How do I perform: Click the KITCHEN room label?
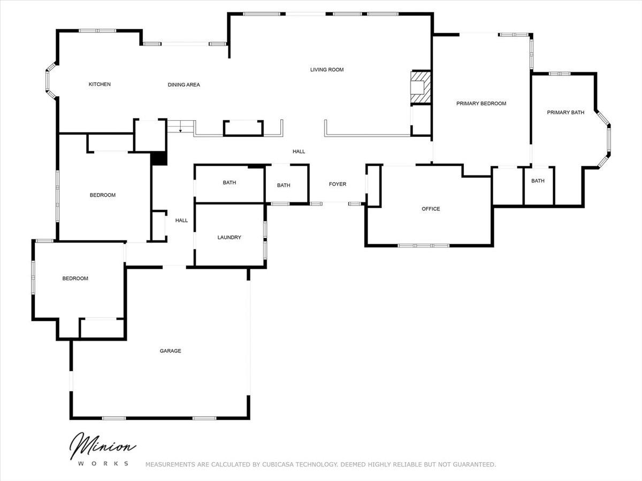point(100,84)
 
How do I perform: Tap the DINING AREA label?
point(184,84)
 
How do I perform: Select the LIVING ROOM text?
point(327,69)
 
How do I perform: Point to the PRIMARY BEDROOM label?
point(481,103)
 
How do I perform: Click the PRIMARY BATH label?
point(565,112)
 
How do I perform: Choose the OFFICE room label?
point(431,209)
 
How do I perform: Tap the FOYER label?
point(337,184)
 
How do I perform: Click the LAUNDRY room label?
point(229,237)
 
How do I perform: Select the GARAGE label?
point(170,351)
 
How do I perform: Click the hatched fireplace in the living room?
point(421,87)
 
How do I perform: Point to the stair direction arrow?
point(180,127)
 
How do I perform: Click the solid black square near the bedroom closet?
point(159,159)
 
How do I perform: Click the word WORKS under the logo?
point(103,463)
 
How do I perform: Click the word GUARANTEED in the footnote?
point(474,464)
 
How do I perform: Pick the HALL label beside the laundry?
point(181,221)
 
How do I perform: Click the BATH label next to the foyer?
point(284,185)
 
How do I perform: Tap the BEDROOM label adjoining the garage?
point(75,278)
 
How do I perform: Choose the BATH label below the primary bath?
point(538,181)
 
